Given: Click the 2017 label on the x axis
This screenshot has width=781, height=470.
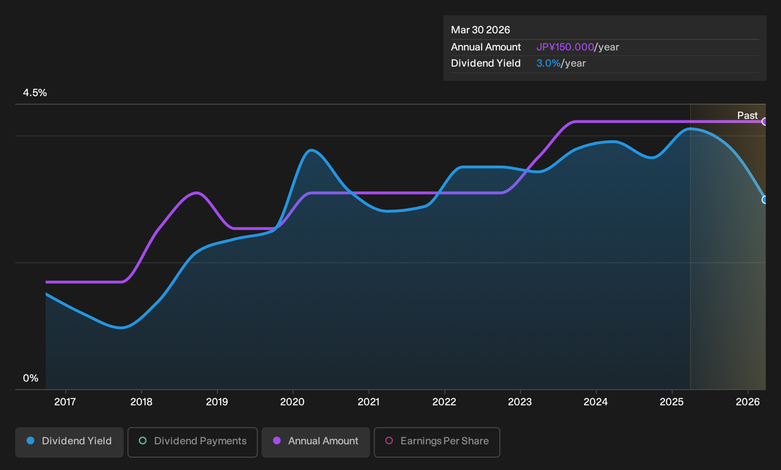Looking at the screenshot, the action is tap(65, 402).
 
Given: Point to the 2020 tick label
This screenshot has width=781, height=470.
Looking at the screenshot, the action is tap(293, 402).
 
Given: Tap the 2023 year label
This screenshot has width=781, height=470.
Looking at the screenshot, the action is tap(520, 402).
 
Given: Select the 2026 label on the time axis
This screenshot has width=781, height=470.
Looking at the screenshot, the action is tap(748, 402).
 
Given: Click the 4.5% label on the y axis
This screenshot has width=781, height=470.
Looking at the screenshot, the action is tap(35, 93).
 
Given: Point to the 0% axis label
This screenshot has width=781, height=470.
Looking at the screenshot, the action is tap(31, 378).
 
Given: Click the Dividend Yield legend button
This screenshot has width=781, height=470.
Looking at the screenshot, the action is tap(69, 442).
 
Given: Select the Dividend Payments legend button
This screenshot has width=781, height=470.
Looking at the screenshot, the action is tap(193, 442).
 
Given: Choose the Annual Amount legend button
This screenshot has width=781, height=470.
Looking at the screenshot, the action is tap(315, 442).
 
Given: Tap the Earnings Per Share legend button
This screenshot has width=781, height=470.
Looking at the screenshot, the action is tap(437, 442).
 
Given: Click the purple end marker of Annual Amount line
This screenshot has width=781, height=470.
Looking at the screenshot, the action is tap(764, 122).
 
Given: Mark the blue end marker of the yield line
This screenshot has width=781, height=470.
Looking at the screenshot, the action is tap(764, 200).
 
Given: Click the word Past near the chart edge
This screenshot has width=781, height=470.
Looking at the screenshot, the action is tap(748, 116).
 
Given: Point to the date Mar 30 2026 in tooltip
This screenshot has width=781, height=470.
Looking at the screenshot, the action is tap(480, 30).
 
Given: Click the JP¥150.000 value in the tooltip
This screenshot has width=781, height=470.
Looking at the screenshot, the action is tap(565, 47).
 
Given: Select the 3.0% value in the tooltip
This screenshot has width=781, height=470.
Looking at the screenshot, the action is tap(548, 63).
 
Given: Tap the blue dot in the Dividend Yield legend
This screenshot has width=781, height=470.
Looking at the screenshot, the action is tap(31, 441).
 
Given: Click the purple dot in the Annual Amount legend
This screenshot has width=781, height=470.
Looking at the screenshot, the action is tap(277, 441).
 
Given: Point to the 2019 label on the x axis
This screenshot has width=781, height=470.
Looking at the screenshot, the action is tap(217, 402).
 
